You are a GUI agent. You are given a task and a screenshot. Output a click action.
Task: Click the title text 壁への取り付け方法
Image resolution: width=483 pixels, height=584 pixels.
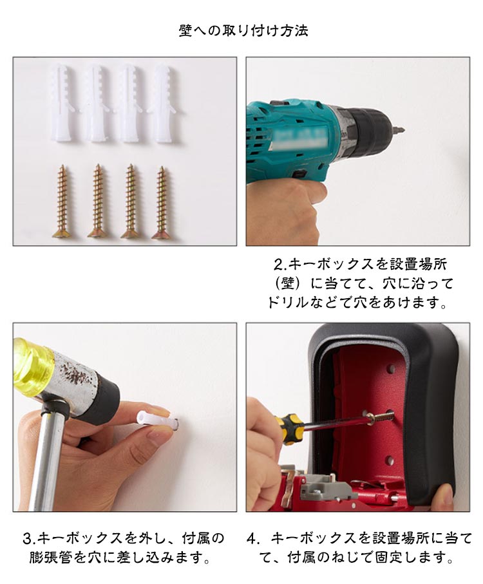tap(243, 30)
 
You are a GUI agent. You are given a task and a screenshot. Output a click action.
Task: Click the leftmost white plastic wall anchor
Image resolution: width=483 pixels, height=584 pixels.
tap(61, 103)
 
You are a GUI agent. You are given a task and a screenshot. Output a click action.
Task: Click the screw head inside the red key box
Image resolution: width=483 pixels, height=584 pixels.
tap(370, 418)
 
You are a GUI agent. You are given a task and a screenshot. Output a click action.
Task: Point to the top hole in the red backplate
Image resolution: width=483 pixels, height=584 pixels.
tap(391, 368)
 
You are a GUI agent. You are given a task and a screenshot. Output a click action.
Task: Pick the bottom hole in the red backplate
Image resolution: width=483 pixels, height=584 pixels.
tap(390, 460)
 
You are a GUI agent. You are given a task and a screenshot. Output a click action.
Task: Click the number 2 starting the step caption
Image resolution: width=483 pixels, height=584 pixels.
tap(278, 265)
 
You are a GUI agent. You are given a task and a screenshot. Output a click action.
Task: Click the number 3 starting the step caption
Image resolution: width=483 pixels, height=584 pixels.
tap(27, 538)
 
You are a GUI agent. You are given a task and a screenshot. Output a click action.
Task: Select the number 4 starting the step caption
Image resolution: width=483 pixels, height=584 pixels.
tap(252, 538)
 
